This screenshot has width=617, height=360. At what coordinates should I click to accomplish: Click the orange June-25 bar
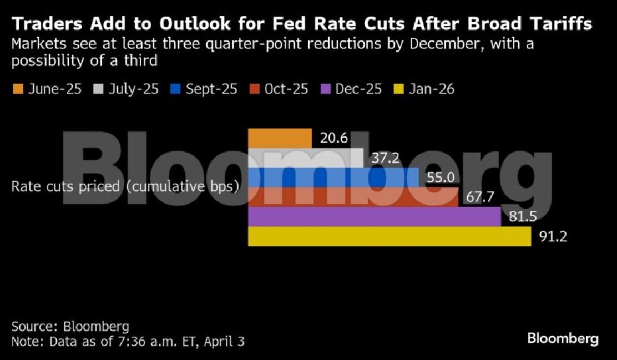click(280, 138)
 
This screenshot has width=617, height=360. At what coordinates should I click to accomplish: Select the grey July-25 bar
click(305, 158)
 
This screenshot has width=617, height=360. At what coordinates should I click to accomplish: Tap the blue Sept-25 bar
click(333, 177)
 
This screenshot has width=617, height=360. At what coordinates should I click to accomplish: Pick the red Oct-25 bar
click(353, 197)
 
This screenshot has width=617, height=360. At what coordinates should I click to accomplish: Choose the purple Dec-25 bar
click(374, 216)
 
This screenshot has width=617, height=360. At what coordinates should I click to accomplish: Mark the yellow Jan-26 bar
click(389, 236)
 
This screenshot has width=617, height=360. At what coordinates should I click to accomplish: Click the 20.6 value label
click(334, 138)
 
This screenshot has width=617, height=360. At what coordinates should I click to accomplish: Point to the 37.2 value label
click(385, 158)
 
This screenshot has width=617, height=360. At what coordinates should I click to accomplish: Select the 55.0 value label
click(441, 178)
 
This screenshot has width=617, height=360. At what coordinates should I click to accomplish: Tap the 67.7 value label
click(480, 197)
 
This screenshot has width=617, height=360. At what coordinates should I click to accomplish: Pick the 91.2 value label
click(553, 237)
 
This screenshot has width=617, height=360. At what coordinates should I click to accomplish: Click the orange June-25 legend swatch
click(18, 89)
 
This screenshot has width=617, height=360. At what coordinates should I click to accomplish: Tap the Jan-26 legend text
click(431, 89)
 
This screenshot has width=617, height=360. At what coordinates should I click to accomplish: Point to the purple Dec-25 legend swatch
click(326, 89)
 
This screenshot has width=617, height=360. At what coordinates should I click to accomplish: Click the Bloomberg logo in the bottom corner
click(563, 338)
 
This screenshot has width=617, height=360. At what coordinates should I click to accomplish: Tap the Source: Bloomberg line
click(70, 326)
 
